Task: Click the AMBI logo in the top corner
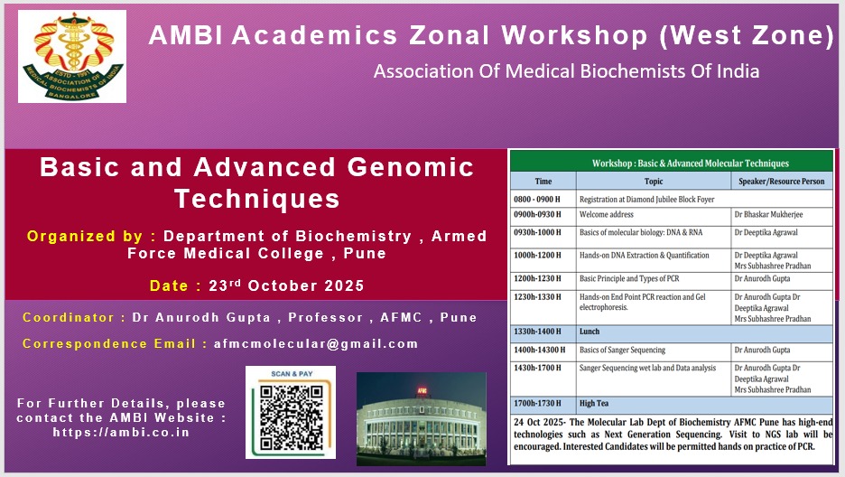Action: (72, 56)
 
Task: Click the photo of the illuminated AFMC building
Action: (422, 419)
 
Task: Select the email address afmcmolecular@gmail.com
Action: (316, 344)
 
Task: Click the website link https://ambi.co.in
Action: (121, 432)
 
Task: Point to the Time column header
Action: (543, 181)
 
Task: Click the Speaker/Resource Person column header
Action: (782, 181)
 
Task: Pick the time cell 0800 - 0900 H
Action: (537, 200)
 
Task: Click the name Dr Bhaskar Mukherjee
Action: (768, 214)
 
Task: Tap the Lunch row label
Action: (589, 332)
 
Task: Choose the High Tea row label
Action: (594, 403)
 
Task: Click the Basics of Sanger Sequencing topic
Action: (622, 351)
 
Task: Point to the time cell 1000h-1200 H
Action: (537, 256)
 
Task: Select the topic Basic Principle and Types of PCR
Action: (629, 278)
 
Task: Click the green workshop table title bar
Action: (672, 162)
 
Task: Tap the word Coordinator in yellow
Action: (68, 317)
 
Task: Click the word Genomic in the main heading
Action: (410, 167)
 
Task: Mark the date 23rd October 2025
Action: (286, 285)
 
